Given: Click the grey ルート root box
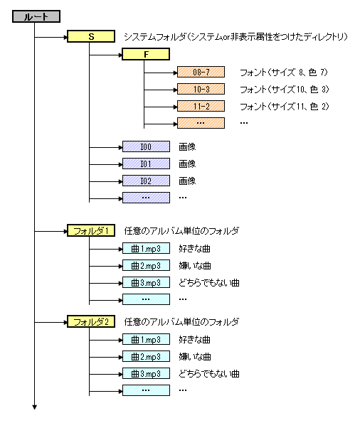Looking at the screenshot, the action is pyautogui.click(x=36, y=16).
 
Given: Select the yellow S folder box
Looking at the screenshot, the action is pyautogui.click(x=91, y=36).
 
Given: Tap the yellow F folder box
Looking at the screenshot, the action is pyautogui.click(x=146, y=54).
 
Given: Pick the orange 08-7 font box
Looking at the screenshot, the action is pyautogui.click(x=201, y=72).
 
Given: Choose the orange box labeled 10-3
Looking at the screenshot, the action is pyautogui.click(x=201, y=89).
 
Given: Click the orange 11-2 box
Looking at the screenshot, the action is pyautogui.click(x=201, y=106).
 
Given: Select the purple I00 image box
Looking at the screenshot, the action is pyautogui.click(x=146, y=146).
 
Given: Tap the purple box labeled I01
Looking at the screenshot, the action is pyautogui.click(x=146, y=164).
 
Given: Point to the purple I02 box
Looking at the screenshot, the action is pyautogui.click(x=146, y=181).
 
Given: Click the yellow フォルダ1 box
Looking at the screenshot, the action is pyautogui.click(x=91, y=230).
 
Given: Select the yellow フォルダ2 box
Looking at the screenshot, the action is pyautogui.click(x=91, y=321).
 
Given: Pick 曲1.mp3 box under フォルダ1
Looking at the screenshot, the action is pyautogui.click(x=146, y=248).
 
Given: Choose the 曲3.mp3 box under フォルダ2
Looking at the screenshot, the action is pyautogui.click(x=146, y=373).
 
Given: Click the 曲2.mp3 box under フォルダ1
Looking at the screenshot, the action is pyautogui.click(x=146, y=265).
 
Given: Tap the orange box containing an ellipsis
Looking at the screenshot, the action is pyautogui.click(x=201, y=123).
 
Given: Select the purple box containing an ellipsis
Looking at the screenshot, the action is pyautogui.click(x=146, y=198).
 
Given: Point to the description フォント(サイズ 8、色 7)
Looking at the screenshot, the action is pyautogui.click(x=284, y=73).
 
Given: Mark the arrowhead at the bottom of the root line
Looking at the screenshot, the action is pyautogui.click(x=35, y=407).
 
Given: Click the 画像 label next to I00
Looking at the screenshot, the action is pyautogui.click(x=187, y=146).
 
